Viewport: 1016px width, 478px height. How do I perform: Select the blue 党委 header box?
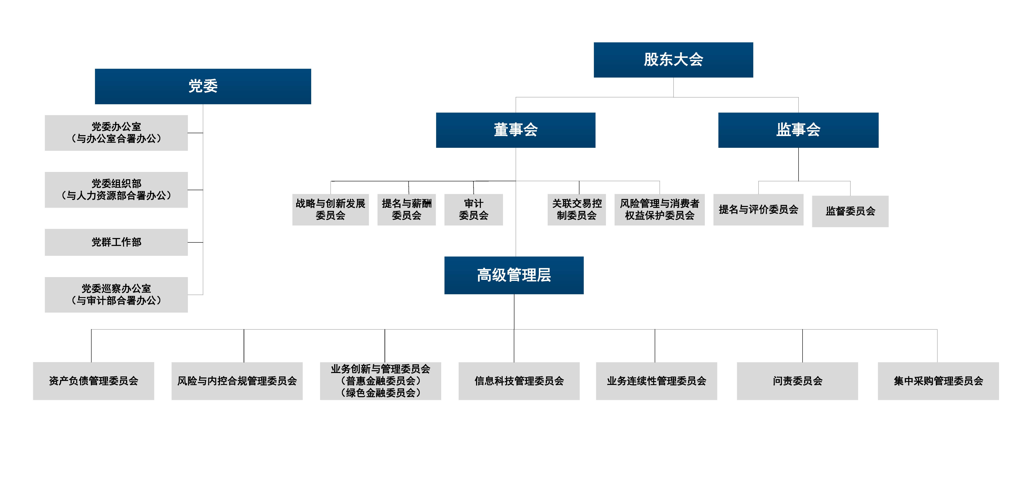(x=203, y=86)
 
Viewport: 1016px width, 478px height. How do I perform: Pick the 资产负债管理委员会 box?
(x=93, y=381)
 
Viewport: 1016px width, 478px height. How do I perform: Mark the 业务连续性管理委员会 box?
(x=656, y=381)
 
